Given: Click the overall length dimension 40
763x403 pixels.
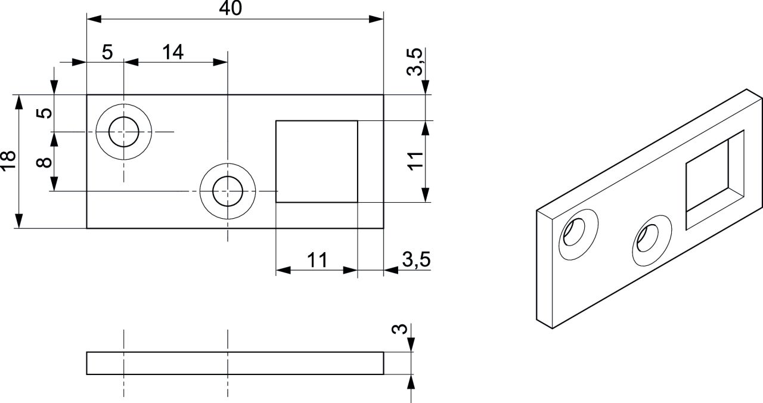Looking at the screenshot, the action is click(230, 8).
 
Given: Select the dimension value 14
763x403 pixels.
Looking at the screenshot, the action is click(173, 52).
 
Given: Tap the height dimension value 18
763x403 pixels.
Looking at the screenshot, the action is click(8, 160).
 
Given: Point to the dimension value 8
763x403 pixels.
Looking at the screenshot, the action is click(44, 162).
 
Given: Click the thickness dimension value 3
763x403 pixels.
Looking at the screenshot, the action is click(399, 328).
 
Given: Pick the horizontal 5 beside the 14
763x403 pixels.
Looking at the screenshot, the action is click(107, 52).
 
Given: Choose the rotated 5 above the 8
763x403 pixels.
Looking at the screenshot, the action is click(44, 113).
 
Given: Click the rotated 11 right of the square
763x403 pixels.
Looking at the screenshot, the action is click(415, 161).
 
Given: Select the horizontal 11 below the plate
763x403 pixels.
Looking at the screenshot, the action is click(317, 261).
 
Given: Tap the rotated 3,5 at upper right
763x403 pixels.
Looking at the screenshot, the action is click(415, 61).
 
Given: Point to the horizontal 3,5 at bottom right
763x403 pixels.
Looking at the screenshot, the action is click(416, 259).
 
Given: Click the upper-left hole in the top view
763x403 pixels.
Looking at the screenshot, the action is click(123, 132).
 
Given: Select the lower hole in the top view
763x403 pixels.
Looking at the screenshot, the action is click(228, 191).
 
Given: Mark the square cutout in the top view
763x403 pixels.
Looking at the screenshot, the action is click(317, 162).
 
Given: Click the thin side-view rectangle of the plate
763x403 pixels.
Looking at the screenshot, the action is click(235, 363).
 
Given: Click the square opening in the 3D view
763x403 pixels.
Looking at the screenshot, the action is click(715, 180).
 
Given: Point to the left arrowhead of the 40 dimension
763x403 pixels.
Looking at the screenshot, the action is click(94, 19).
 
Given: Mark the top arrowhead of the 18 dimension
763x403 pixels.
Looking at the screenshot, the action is click(19, 102).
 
